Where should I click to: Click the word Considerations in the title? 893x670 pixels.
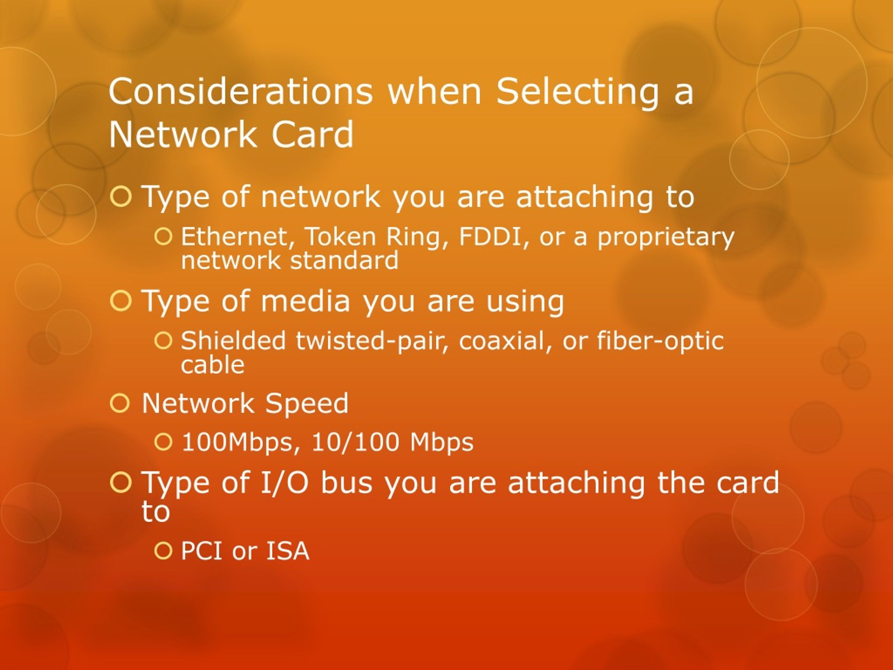click(240, 91)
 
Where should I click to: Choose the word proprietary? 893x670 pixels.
click(666, 238)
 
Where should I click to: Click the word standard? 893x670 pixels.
click(344, 260)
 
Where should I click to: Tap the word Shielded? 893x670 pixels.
click(233, 341)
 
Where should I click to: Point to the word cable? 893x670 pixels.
click(212, 365)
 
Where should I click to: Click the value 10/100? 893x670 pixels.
click(355, 442)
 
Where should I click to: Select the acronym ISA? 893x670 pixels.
click(287, 551)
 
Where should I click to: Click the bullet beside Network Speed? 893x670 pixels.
click(120, 403)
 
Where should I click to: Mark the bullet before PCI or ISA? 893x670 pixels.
click(164, 551)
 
